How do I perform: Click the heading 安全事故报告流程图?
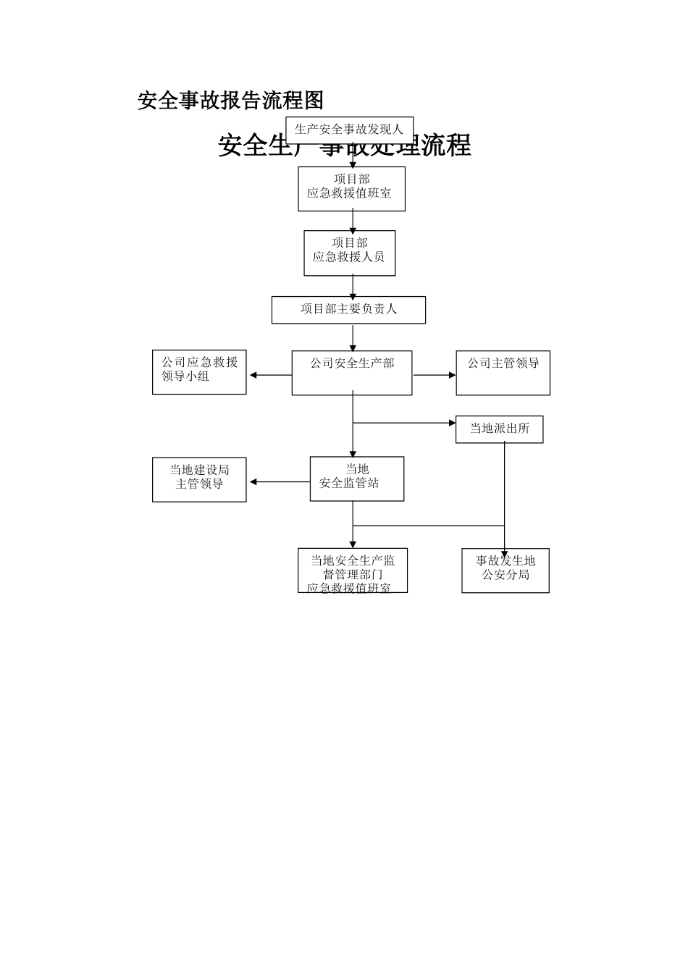[x=230, y=101]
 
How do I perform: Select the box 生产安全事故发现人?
[x=349, y=130]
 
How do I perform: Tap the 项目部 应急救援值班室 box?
[x=351, y=189]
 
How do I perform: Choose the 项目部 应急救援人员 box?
[x=349, y=253]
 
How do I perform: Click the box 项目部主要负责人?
[x=348, y=310]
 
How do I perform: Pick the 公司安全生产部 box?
[x=352, y=373]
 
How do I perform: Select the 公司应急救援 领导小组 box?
[x=199, y=372]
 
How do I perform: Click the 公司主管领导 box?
[x=503, y=373]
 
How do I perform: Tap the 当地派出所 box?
[x=499, y=429]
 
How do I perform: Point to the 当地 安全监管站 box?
[x=356, y=479]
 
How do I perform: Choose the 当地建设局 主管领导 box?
[x=199, y=479]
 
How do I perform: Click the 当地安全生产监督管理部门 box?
[x=353, y=570]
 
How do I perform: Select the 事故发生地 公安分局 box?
[x=505, y=570]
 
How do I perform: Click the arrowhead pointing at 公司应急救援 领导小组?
[x=253, y=375]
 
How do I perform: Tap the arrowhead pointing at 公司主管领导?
[x=452, y=375]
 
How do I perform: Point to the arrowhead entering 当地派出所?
[x=452, y=423]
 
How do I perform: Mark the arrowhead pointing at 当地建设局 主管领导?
[x=253, y=482]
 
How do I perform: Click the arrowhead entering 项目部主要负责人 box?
[x=353, y=294]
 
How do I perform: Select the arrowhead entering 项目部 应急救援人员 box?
[x=353, y=228]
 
